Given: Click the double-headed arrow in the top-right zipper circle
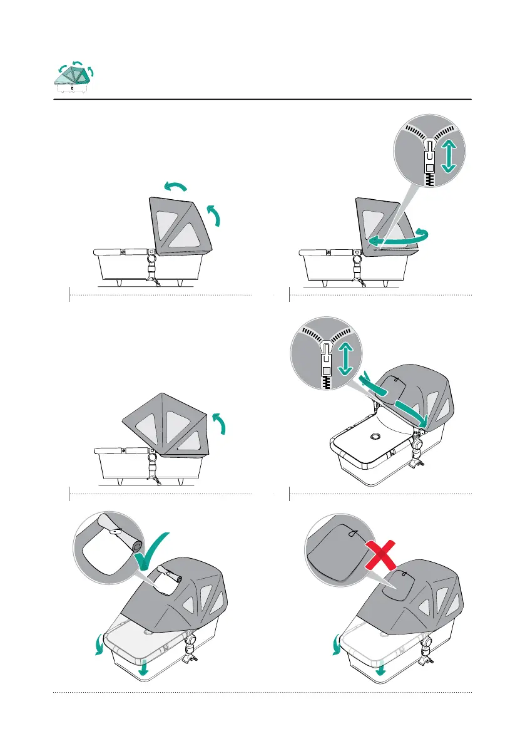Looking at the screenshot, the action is point(447,155).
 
